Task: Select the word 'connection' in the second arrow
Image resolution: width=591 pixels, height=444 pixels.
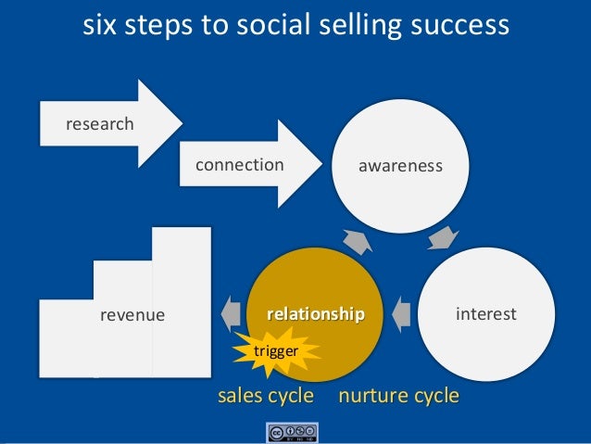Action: click(239, 165)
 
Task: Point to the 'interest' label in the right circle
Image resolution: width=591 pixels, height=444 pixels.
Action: click(486, 314)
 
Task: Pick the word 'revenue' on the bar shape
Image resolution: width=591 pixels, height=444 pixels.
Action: click(132, 315)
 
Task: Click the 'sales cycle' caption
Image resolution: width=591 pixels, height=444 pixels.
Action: click(265, 397)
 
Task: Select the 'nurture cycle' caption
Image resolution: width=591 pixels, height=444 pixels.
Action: click(399, 397)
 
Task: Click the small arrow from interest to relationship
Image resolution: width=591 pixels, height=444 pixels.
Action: click(401, 314)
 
